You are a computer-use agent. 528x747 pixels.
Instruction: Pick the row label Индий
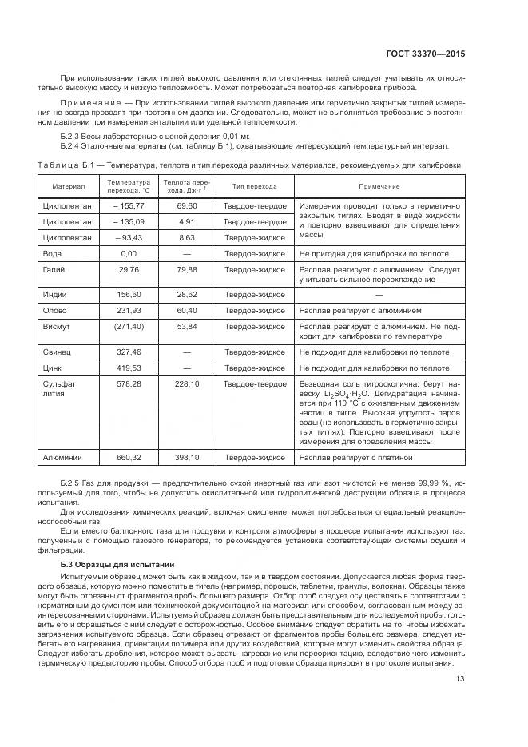pyautogui.click(x=54, y=294)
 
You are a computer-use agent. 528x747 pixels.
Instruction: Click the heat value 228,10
pyautogui.click(x=187, y=383)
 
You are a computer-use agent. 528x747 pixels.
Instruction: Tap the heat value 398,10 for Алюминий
pyautogui.click(x=187, y=457)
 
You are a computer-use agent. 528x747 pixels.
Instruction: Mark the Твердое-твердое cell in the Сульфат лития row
pyautogui.click(x=255, y=383)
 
